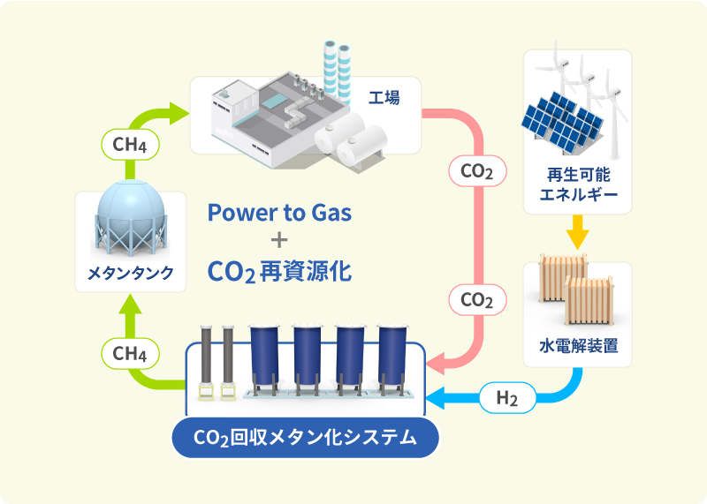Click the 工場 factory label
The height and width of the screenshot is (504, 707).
click(x=384, y=97)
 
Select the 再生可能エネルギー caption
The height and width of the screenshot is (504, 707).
click(x=578, y=184)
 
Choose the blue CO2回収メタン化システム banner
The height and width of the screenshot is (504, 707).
click(x=305, y=437)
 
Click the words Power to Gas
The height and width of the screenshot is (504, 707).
click(x=279, y=213)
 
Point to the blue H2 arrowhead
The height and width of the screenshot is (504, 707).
click(x=436, y=399)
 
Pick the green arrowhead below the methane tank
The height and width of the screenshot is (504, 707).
click(x=130, y=302)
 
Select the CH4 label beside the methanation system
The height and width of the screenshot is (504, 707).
click(x=131, y=356)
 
